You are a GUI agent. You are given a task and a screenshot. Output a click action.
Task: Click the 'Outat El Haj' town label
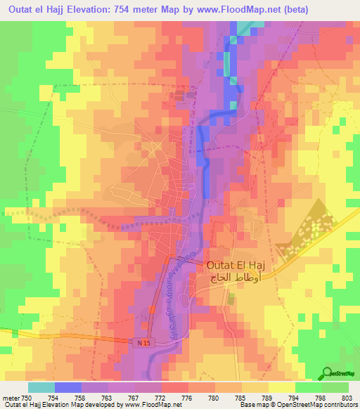(245, 266)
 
